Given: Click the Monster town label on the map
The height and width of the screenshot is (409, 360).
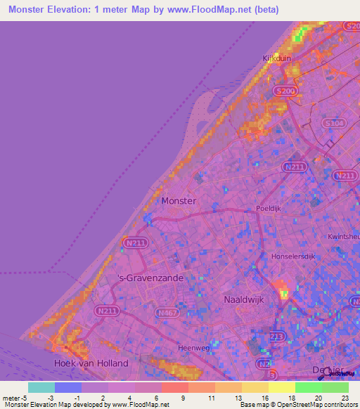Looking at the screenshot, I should [x=179, y=200].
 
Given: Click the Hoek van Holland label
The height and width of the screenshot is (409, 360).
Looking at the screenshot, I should [x=91, y=363].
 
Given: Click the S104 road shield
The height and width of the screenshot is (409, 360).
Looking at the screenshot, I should [x=333, y=122].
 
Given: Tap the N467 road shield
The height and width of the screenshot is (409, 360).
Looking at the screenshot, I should [x=167, y=312].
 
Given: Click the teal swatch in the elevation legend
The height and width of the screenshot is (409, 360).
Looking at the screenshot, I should [x=41, y=387].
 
